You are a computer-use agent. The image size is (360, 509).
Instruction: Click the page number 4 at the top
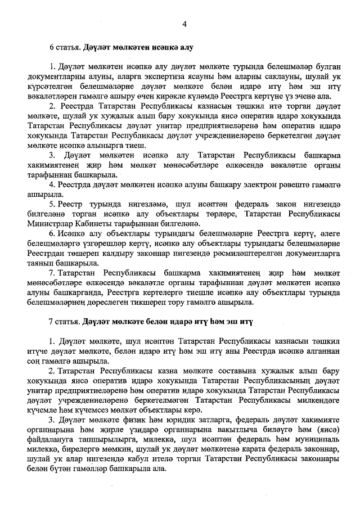(x=184, y=23)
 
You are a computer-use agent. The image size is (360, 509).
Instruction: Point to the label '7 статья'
(x=66, y=322)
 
